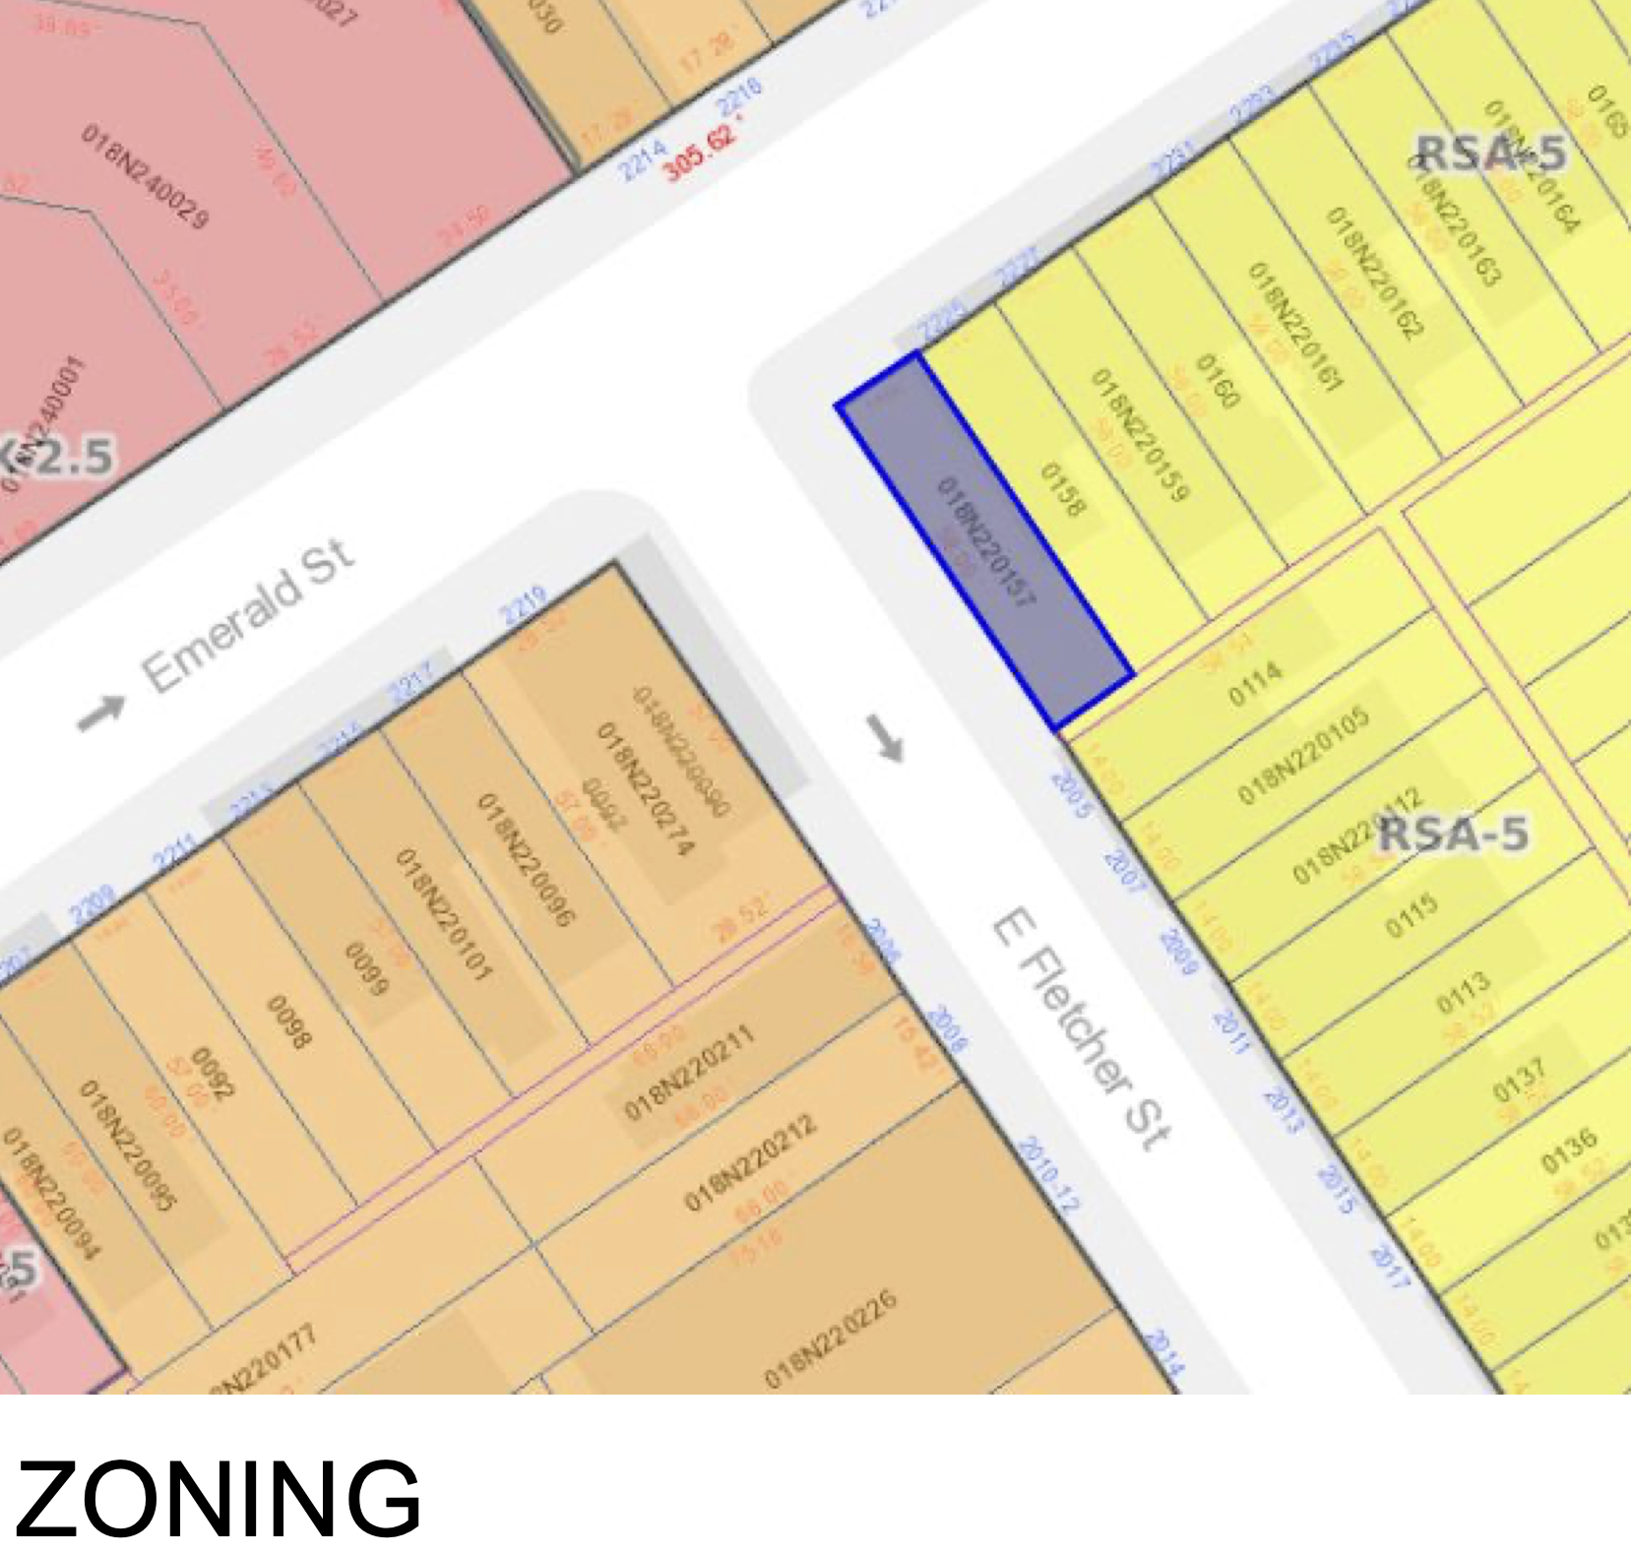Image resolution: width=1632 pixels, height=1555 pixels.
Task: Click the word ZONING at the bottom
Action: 219,1498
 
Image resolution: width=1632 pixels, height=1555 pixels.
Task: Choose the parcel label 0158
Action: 1063,489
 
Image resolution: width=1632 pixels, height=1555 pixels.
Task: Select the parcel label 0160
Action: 1217,380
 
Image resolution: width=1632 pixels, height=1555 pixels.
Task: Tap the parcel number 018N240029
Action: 146,177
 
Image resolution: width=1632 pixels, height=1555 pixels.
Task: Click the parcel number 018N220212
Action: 750,1162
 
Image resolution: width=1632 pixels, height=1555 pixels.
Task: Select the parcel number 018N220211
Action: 690,1072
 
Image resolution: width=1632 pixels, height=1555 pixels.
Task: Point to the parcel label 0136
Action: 1569,1151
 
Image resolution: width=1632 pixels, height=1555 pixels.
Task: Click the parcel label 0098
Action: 289,1023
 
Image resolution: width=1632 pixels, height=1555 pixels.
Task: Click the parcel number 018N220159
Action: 1141,434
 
